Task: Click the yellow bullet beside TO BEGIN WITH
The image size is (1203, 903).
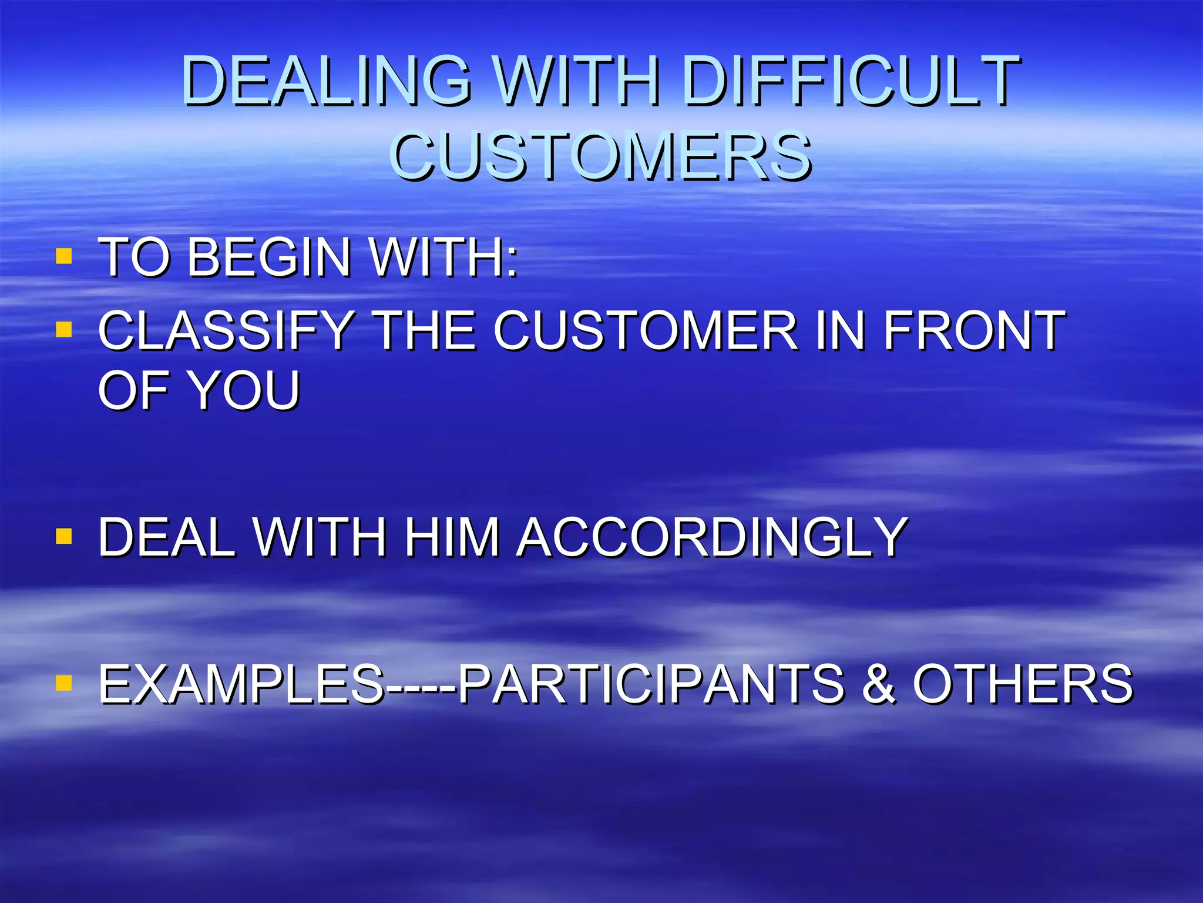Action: click(63, 256)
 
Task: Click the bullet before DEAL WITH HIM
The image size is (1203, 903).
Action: click(63, 536)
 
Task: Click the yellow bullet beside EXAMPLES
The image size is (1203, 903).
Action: click(63, 683)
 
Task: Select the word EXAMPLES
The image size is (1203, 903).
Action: click(241, 684)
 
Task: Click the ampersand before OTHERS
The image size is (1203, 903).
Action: click(879, 684)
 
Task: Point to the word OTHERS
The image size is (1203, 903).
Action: click(1022, 684)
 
